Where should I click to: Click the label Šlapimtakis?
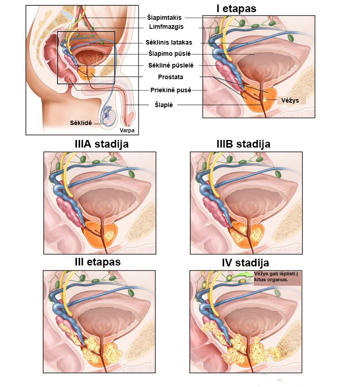[164, 18]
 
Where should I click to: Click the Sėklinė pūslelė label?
[167, 66]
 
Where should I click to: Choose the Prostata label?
[171, 77]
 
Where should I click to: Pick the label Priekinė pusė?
[171, 90]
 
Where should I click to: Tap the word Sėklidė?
[81, 122]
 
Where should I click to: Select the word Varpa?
[127, 130]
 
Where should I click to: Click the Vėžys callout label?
[290, 99]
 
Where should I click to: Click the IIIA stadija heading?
[102, 144]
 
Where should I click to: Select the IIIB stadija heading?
[243, 144]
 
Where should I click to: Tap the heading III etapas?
[98, 262]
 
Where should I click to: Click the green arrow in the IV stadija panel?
[241, 276]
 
